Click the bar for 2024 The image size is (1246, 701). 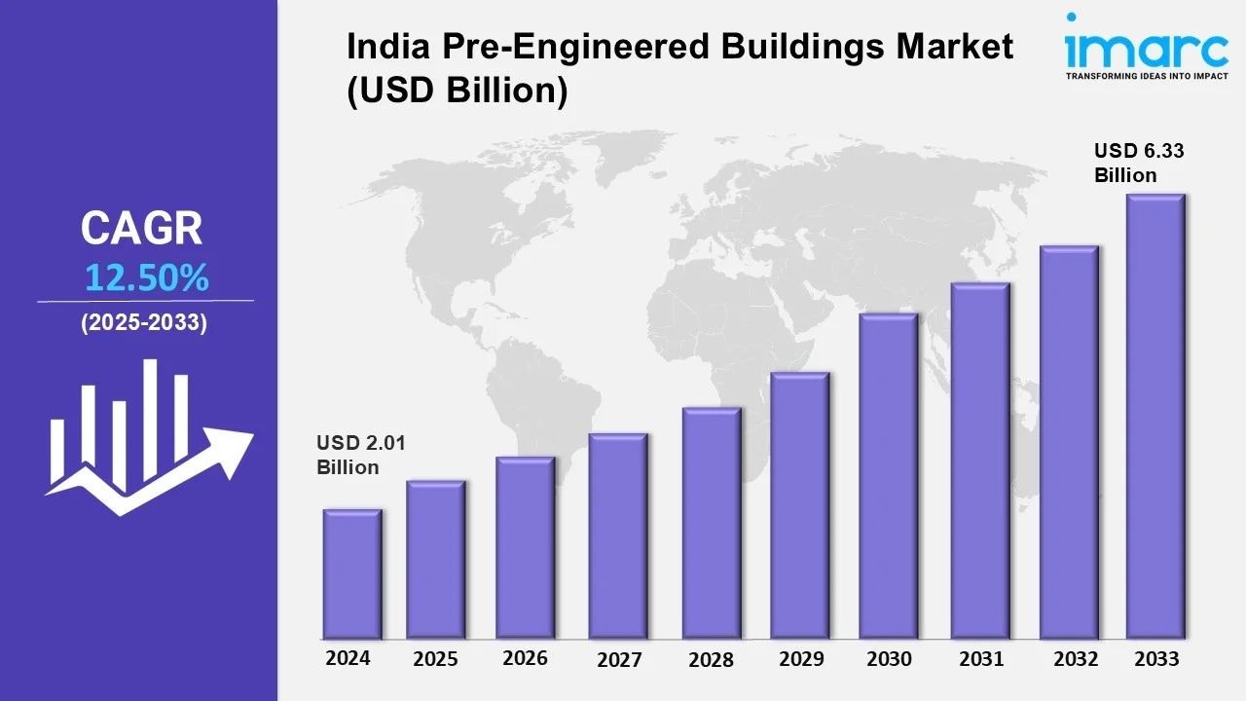tap(352, 573)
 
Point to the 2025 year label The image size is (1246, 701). tap(435, 659)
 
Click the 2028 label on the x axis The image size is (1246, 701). tap(711, 659)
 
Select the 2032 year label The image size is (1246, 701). tap(1077, 658)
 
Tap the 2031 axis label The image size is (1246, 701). tap(980, 658)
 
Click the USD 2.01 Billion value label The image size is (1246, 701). tap(360, 455)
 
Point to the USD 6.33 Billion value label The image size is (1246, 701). tap(1138, 163)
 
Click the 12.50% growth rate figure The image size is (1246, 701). tap(146, 278)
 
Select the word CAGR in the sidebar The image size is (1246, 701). tap(142, 229)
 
